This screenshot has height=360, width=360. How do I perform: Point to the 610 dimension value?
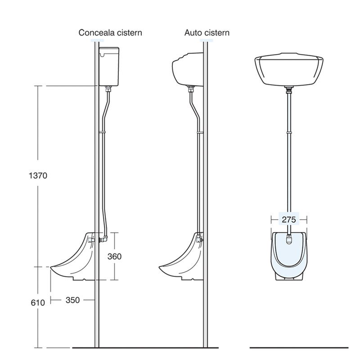click(x=38, y=303)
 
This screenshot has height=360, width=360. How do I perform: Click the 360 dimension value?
click(x=115, y=256)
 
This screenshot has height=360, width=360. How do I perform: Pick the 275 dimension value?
click(x=288, y=219)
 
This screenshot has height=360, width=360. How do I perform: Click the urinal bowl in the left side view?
click(x=74, y=261)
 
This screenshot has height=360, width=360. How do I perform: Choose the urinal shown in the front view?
click(x=288, y=256)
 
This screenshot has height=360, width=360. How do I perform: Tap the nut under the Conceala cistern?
click(x=108, y=89)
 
